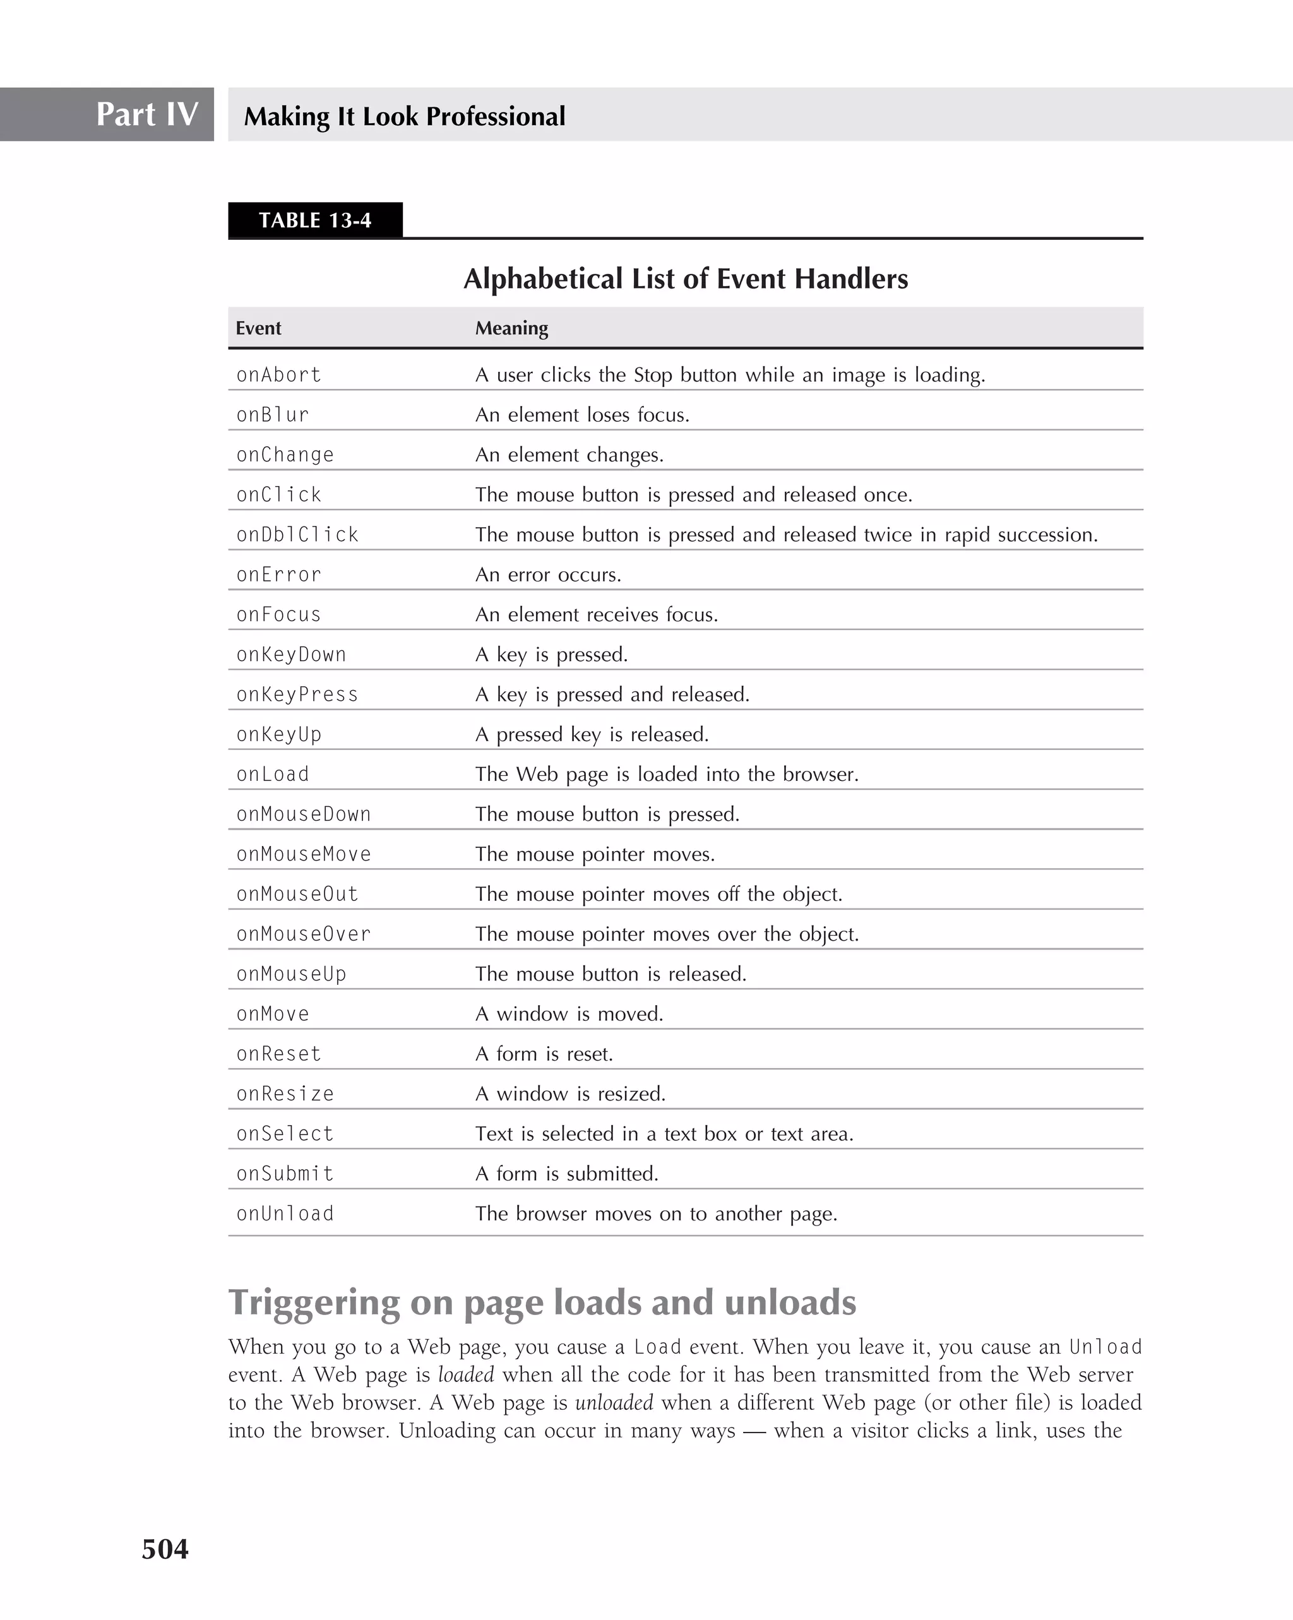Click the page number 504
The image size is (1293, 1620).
165,1549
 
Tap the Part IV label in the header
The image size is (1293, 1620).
146,114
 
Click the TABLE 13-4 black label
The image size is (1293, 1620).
315,220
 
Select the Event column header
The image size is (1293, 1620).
258,328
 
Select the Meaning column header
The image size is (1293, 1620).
511,328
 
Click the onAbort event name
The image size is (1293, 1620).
278,374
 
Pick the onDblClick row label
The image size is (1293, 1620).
297,534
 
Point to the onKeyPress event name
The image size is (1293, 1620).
297,694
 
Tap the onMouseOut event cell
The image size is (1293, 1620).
297,894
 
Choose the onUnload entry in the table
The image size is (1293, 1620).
285,1213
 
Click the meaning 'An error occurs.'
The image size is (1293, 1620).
548,575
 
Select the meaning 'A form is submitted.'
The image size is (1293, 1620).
566,1174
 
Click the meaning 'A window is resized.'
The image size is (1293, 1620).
570,1094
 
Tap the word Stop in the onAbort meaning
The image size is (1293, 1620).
652,375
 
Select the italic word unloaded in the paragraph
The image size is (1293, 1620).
614,1403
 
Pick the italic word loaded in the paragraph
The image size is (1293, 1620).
466,1375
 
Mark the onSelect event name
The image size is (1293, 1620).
285,1134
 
